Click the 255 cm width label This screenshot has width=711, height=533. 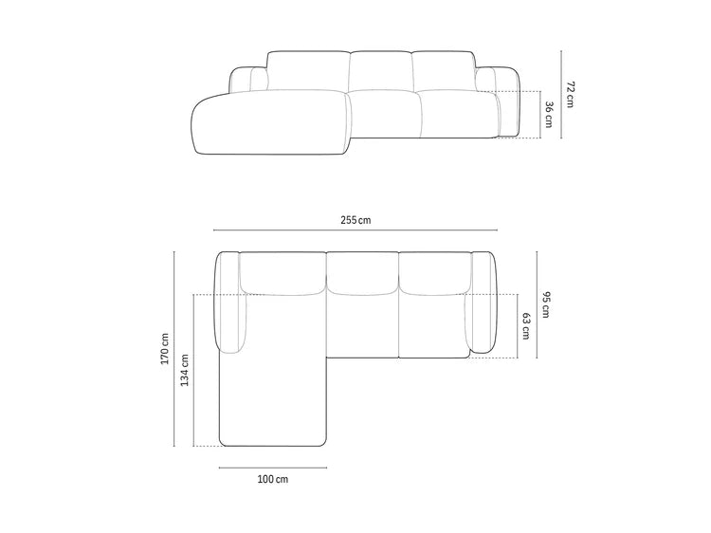click(355, 220)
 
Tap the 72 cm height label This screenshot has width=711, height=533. click(571, 94)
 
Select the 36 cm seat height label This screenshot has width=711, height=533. click(548, 115)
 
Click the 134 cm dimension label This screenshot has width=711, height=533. click(185, 369)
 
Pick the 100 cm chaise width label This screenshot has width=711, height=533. click(272, 479)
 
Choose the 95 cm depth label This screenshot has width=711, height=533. click(546, 304)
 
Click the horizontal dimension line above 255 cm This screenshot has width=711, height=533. click(355, 230)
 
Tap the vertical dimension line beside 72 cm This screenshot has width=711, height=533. click(561, 94)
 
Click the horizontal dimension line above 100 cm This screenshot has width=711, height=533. click(272, 468)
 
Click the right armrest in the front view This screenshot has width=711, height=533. click(503, 100)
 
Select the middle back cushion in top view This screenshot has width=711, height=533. click(364, 272)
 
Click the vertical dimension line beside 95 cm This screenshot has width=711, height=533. click(537, 304)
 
